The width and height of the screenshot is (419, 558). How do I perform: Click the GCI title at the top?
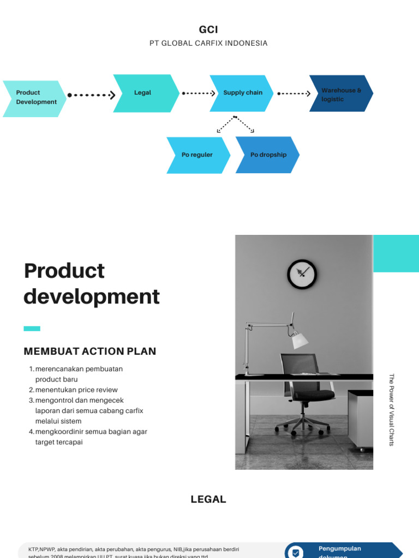tap(208, 29)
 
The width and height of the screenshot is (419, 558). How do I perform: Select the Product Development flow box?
tap(35, 98)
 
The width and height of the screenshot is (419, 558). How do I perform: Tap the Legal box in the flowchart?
tap(145, 93)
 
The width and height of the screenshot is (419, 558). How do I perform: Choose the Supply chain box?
tap(242, 93)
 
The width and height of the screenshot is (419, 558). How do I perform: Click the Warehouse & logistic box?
tap(341, 94)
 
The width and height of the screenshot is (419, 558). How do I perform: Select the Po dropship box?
tap(267, 155)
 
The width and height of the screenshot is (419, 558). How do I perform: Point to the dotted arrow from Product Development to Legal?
tap(91, 95)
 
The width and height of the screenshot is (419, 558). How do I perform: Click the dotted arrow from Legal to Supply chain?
tap(199, 93)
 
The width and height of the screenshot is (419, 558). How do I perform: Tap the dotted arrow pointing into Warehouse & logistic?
tap(294, 94)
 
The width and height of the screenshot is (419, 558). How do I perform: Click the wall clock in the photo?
tap(302, 274)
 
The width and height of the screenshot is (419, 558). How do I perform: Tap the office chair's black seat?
tap(309, 393)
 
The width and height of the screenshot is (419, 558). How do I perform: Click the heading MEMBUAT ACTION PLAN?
tap(90, 351)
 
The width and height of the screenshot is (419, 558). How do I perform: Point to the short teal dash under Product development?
tap(32, 329)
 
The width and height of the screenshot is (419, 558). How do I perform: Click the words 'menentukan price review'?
tap(76, 390)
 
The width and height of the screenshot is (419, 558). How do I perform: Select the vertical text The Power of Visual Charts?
tap(391, 410)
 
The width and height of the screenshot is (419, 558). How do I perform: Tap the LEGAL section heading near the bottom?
tap(208, 499)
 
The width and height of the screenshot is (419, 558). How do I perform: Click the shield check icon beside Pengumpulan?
tap(295, 553)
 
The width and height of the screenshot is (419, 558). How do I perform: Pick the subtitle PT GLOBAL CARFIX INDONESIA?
tap(208, 43)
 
